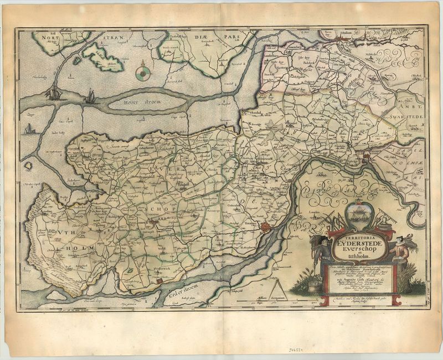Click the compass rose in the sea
(142, 71)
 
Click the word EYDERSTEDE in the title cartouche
(359, 241)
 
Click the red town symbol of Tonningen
(265, 227)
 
